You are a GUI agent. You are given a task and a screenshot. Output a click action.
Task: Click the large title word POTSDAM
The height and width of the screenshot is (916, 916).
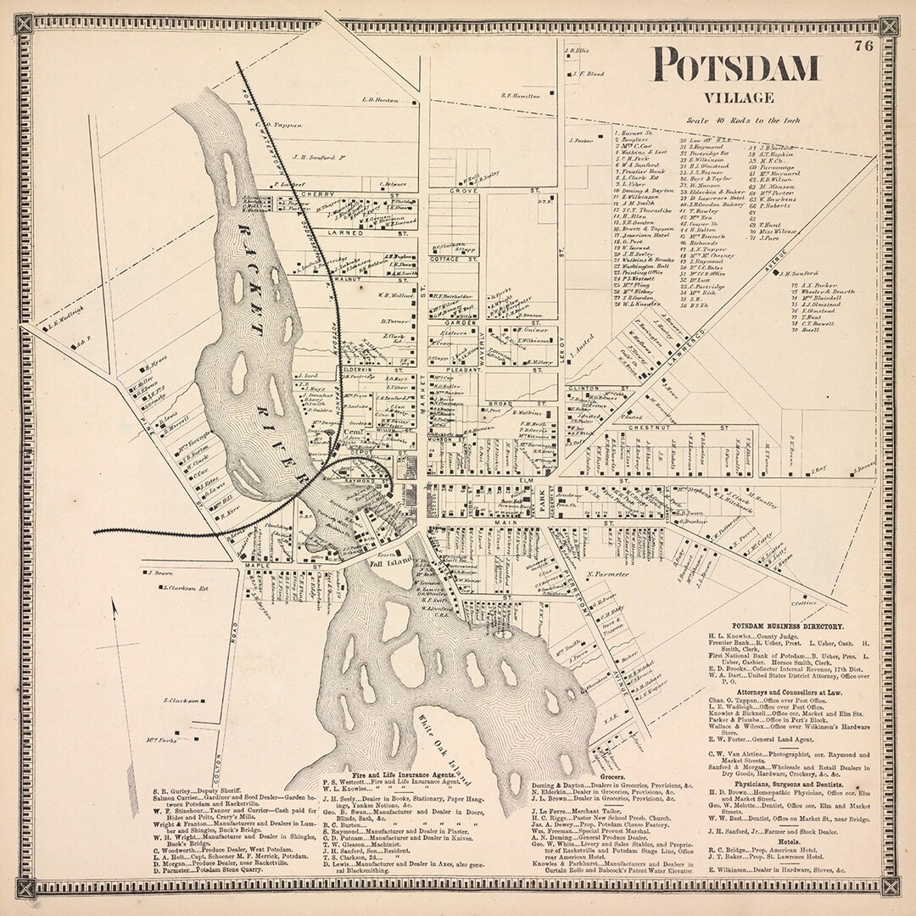[x=736, y=67]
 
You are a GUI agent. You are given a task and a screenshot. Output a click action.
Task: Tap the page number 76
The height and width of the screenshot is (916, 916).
[x=864, y=47]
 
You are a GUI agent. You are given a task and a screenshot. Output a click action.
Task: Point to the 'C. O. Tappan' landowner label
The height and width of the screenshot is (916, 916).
[x=278, y=126]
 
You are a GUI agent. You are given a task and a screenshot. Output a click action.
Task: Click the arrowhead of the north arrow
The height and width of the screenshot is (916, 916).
[x=113, y=602]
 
